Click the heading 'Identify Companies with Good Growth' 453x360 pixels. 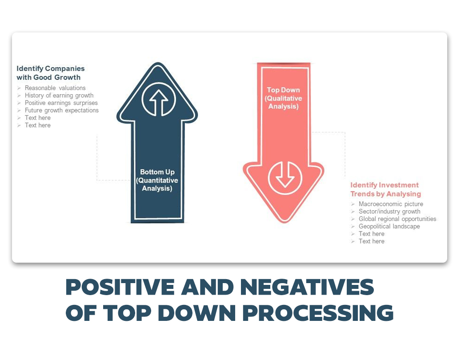click(x=51, y=73)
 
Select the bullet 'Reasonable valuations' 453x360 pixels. click(x=55, y=88)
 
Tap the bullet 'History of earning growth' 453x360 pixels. click(x=59, y=96)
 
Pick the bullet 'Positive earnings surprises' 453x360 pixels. click(x=61, y=103)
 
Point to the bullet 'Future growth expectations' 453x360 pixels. click(x=61, y=110)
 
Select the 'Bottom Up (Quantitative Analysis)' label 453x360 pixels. click(x=157, y=180)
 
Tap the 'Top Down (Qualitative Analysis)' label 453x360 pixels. click(x=284, y=98)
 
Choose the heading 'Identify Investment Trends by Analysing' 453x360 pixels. click(x=385, y=189)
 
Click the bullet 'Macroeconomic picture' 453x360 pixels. click(x=391, y=204)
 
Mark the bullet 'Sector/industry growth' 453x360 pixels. click(x=389, y=212)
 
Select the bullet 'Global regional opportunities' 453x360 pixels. click(x=397, y=219)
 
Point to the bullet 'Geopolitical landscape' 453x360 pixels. click(x=389, y=227)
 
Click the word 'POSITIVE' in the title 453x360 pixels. click(x=120, y=287)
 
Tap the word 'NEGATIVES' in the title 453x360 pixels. click(x=307, y=287)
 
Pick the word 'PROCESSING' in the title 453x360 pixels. click(x=318, y=312)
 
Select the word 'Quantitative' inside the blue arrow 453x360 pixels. click(x=157, y=180)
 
